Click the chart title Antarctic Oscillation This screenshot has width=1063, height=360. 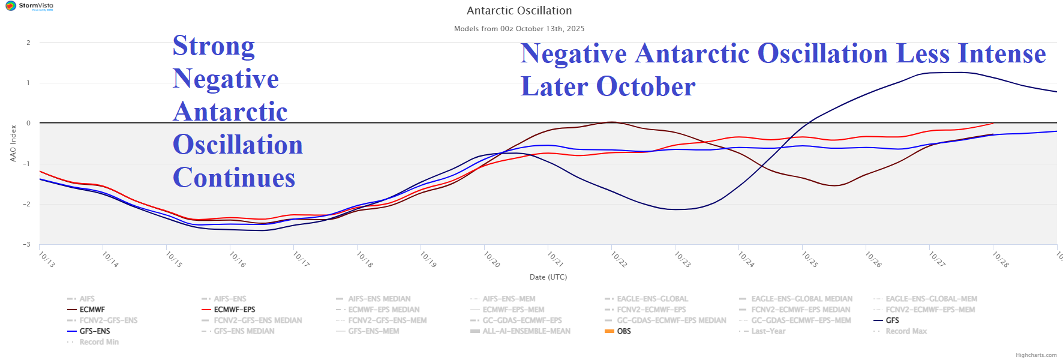(519, 11)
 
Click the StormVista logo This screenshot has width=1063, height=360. (29, 7)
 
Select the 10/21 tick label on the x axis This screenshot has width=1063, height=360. (555, 259)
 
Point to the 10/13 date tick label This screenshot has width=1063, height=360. (46, 259)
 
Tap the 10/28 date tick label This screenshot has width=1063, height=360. (1000, 259)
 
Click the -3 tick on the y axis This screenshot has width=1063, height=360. (27, 244)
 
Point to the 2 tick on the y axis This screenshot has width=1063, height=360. (28, 43)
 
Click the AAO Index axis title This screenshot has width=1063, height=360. (13, 143)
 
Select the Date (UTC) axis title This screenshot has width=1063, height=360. (548, 277)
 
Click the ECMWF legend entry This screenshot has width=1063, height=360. (92, 310)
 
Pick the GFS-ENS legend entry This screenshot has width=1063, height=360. (95, 331)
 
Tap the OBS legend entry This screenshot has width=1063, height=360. (624, 331)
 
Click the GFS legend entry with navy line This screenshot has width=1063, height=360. (892, 320)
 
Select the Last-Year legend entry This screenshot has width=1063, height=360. (768, 331)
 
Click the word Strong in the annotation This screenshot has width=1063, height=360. (214, 46)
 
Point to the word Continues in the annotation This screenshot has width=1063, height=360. (234, 178)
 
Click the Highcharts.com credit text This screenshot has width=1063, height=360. (1036, 355)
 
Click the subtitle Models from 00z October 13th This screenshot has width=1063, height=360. (519, 29)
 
